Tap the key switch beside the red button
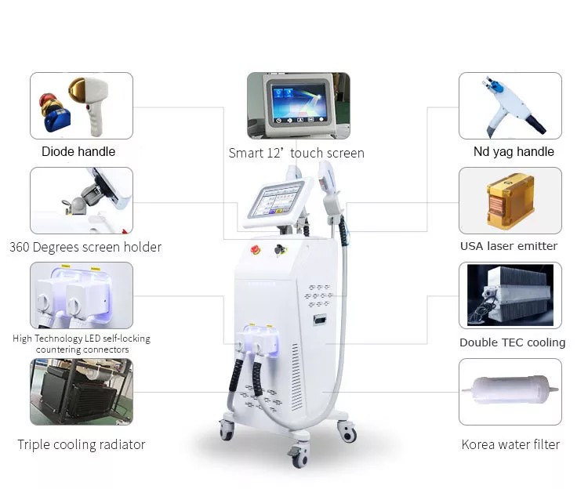(280, 249)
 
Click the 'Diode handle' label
(78, 151)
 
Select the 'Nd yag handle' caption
(514, 151)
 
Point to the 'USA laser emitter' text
(509, 246)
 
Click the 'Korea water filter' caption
(510, 444)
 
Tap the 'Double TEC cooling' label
(512, 342)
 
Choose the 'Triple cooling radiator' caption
(82, 444)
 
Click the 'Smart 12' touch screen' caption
(296, 153)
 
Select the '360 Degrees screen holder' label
(85, 247)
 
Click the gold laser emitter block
(510, 201)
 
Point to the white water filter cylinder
(510, 390)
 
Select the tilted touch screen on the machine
(278, 201)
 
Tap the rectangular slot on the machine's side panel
(320, 320)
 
